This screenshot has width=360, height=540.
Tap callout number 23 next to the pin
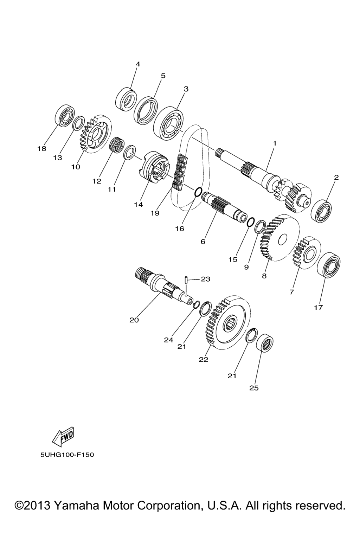tap(205, 279)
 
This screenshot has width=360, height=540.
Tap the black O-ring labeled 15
tap(251, 222)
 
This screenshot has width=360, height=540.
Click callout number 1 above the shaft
tap(274, 143)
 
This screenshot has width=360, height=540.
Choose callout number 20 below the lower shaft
tap(134, 320)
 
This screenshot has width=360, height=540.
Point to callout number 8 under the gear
tap(264, 276)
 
